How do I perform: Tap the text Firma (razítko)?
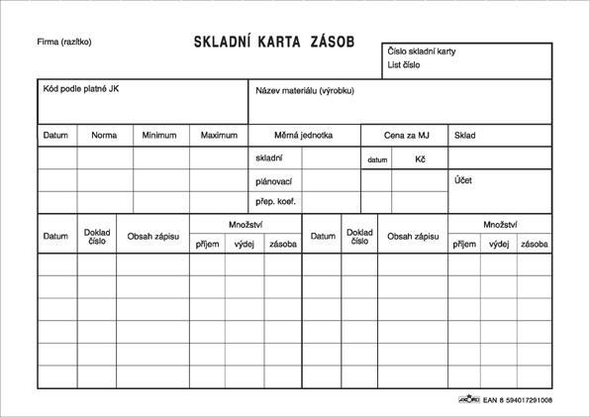(x=64, y=42)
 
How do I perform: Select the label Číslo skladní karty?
(x=422, y=52)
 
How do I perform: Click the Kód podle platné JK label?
(x=81, y=89)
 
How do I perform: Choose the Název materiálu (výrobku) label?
(x=304, y=90)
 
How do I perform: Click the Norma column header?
(x=104, y=136)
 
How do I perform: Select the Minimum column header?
(x=159, y=136)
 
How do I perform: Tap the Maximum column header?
(x=219, y=136)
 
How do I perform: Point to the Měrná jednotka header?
(x=303, y=136)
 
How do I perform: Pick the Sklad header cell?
(x=465, y=136)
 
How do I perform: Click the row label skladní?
(x=269, y=158)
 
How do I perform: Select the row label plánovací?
(x=274, y=181)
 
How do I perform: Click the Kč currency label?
(x=420, y=158)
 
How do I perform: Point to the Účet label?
(x=463, y=180)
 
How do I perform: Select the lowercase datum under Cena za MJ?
(x=377, y=159)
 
